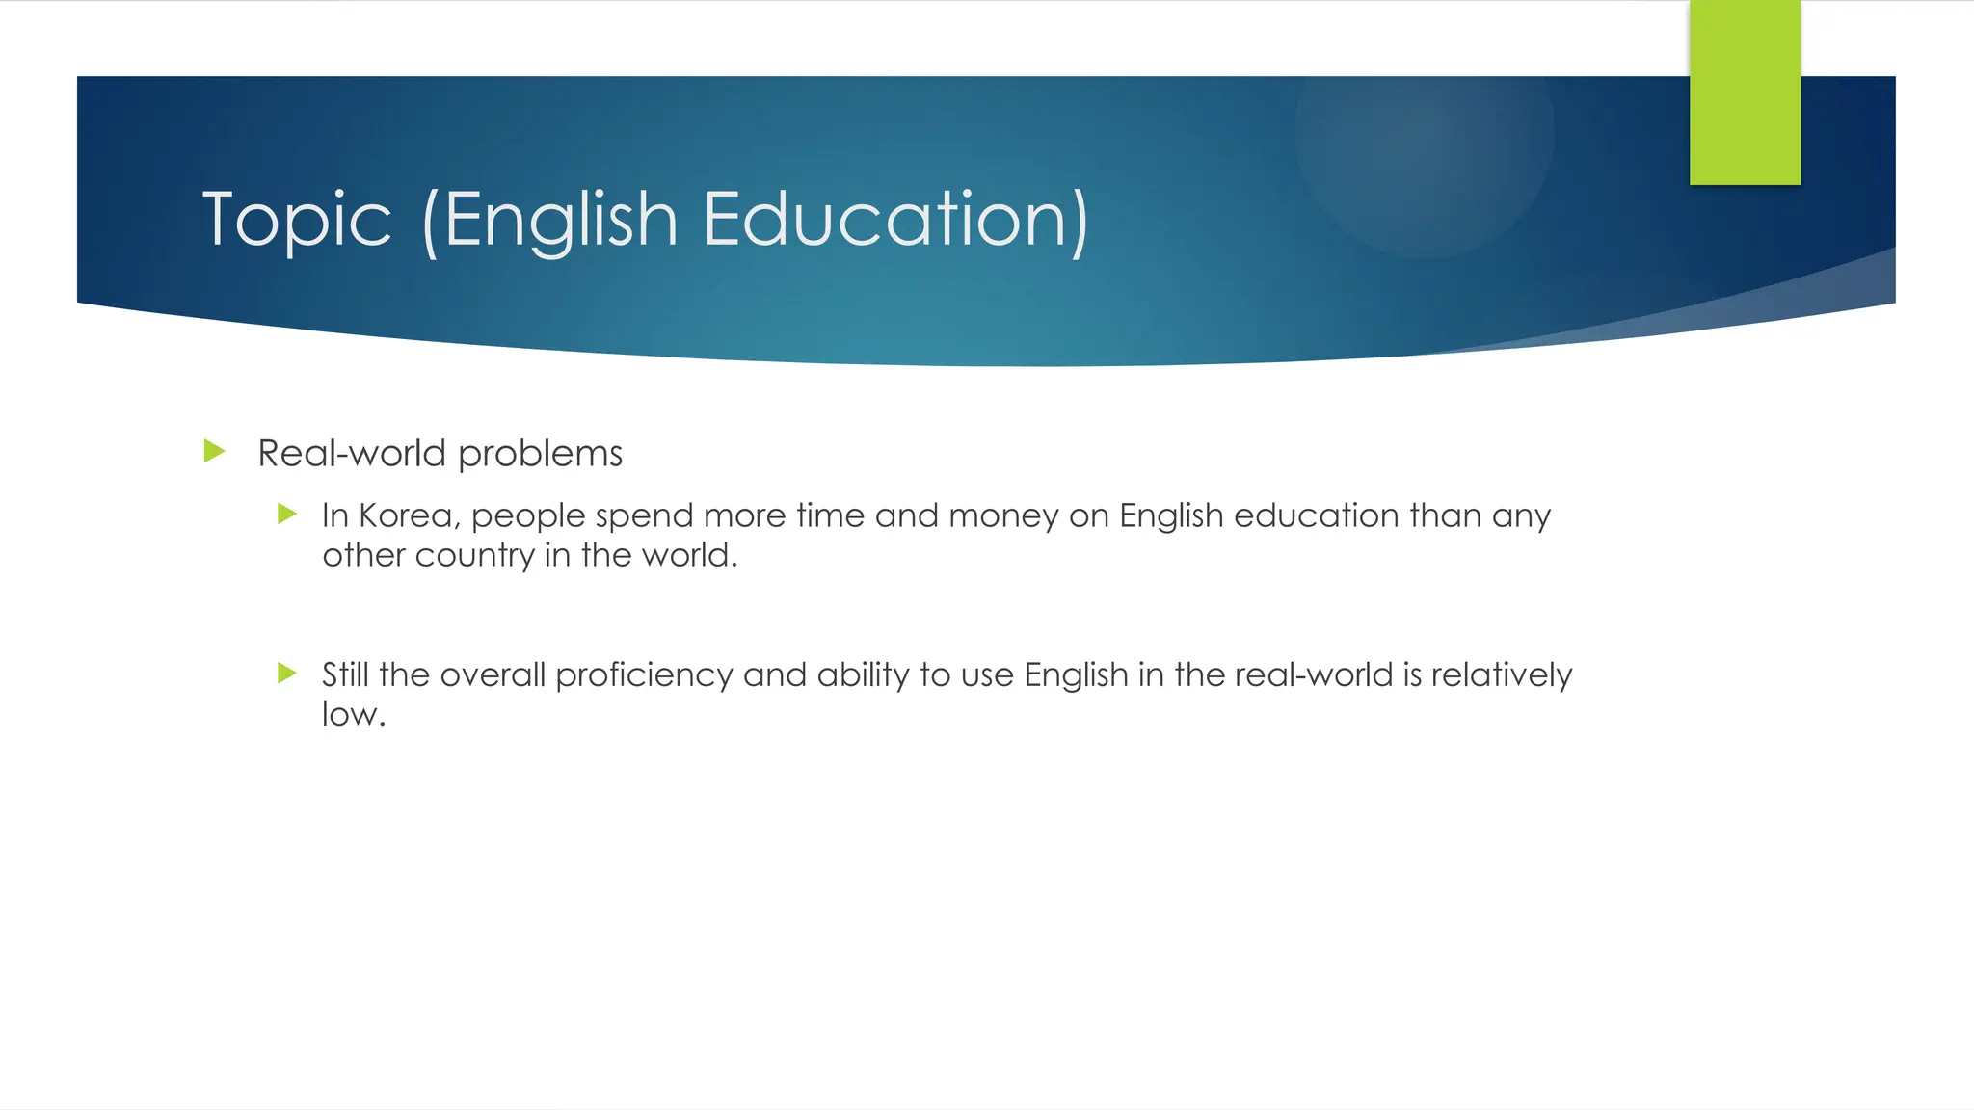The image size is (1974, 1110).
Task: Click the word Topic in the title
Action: (297, 220)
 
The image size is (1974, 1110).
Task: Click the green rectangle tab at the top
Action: (1745, 92)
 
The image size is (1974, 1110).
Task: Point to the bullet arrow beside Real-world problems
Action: (215, 451)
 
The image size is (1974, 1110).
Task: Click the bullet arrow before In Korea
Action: (287, 514)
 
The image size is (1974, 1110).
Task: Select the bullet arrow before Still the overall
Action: (287, 673)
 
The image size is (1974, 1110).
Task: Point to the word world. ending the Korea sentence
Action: (690, 555)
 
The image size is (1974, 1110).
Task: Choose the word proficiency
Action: (644, 675)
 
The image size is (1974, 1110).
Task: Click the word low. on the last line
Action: (354, 714)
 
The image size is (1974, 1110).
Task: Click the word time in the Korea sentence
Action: (830, 516)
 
